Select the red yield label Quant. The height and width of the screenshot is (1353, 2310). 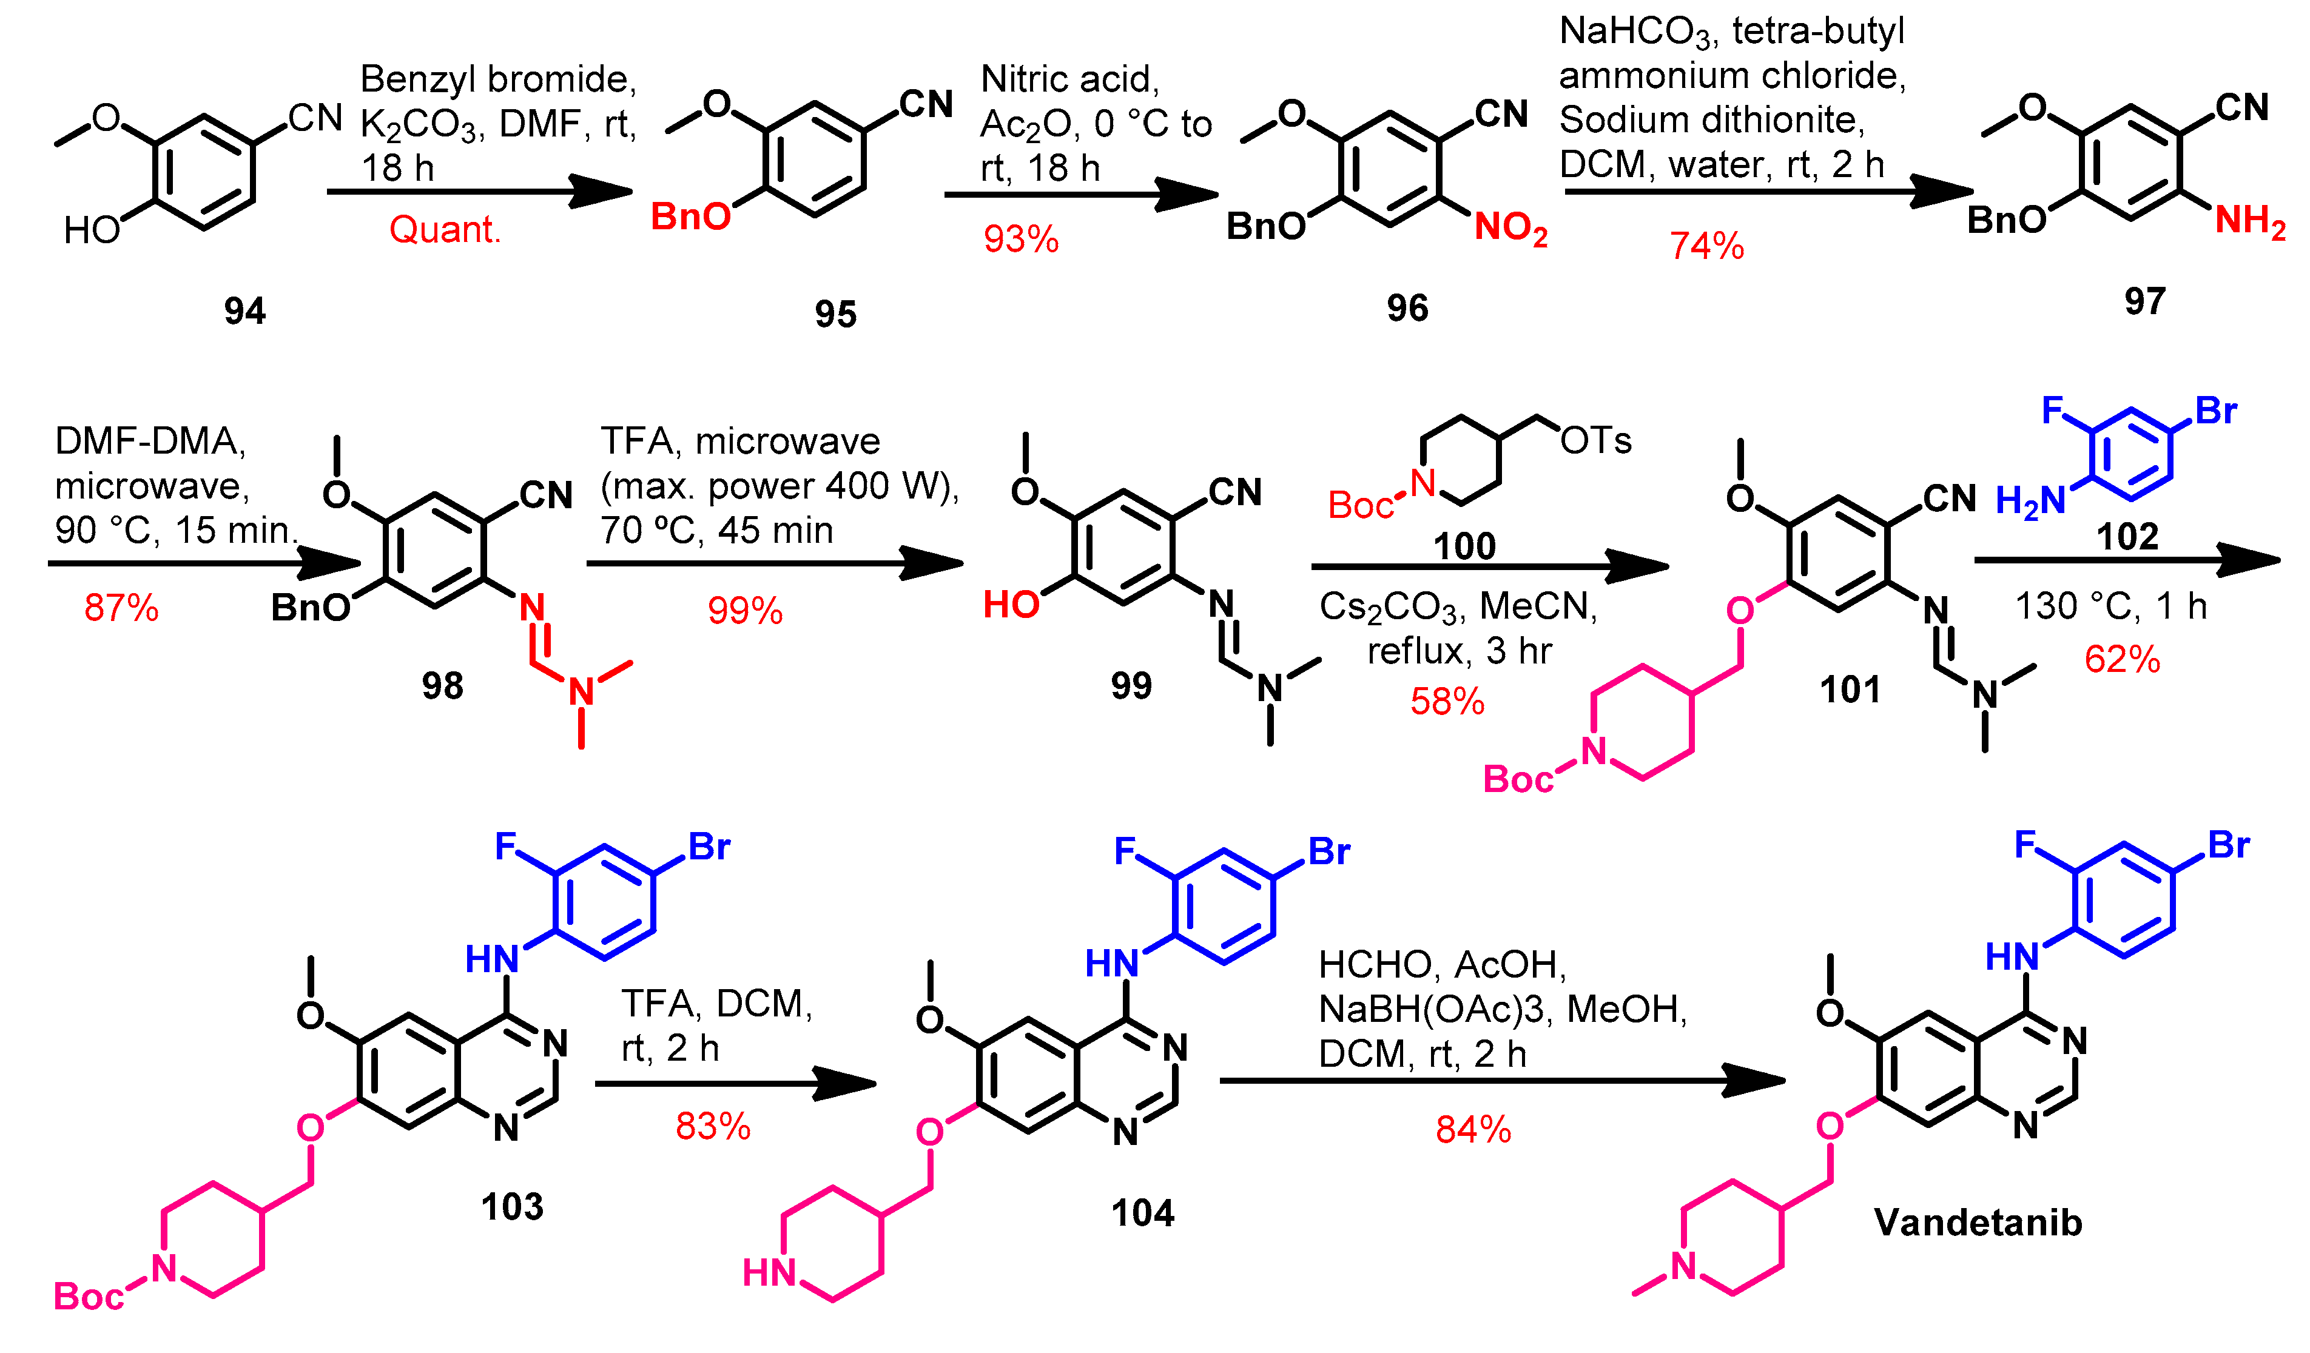tap(445, 229)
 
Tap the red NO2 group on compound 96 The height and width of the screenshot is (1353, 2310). tap(1510, 227)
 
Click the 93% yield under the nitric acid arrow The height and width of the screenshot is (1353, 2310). tap(1020, 240)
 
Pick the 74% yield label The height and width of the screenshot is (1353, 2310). tap(1706, 246)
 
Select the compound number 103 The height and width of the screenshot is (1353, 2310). tap(513, 1206)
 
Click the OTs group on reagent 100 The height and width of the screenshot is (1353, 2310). tap(1596, 441)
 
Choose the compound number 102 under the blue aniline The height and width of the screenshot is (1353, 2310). tap(2127, 536)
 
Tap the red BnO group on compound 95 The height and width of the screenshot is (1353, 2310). tap(691, 217)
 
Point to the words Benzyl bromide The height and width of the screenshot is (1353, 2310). tap(498, 80)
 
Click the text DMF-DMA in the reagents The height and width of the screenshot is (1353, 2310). tap(149, 441)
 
